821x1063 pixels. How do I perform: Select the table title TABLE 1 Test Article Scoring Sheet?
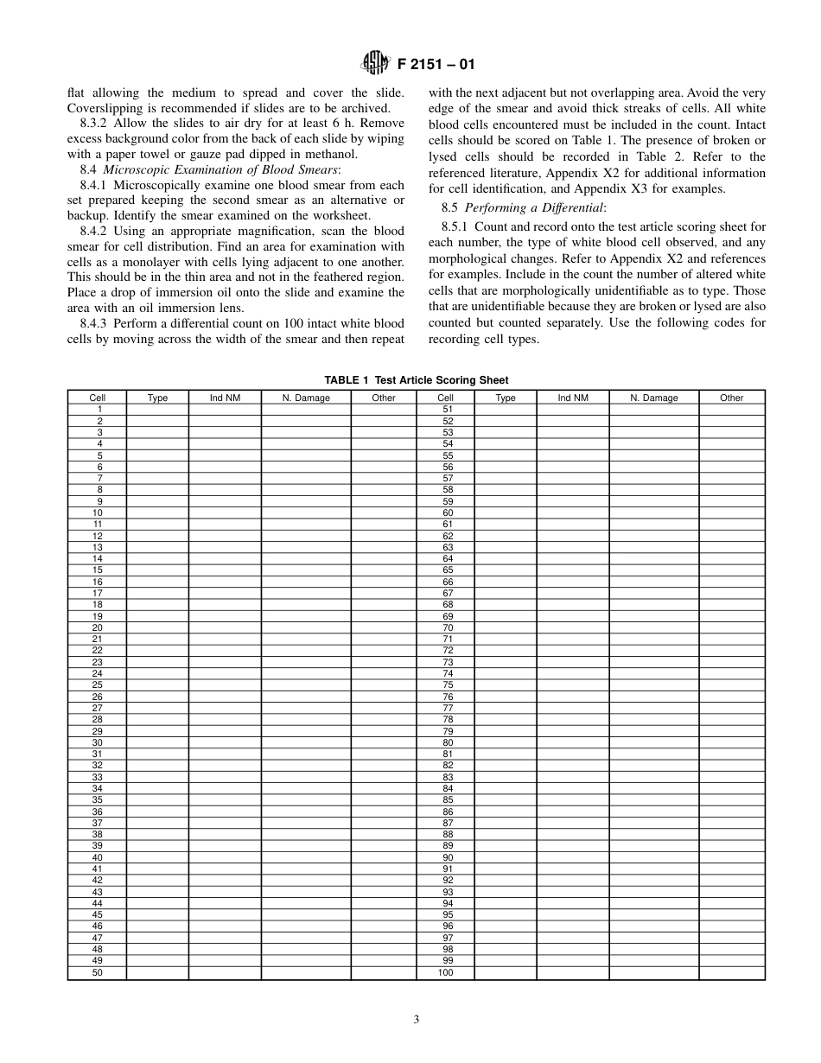[x=416, y=380]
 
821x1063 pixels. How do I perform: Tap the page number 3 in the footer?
[x=416, y=1020]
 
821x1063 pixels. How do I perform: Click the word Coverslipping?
[x=105, y=108]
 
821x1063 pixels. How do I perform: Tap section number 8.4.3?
[x=93, y=323]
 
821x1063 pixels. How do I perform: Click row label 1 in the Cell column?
[x=98, y=409]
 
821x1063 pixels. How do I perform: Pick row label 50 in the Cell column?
[x=98, y=972]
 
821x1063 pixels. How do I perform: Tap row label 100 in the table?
[x=446, y=972]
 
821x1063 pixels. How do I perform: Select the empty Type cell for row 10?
[x=157, y=512]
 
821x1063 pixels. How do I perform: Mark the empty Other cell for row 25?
[x=383, y=684]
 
